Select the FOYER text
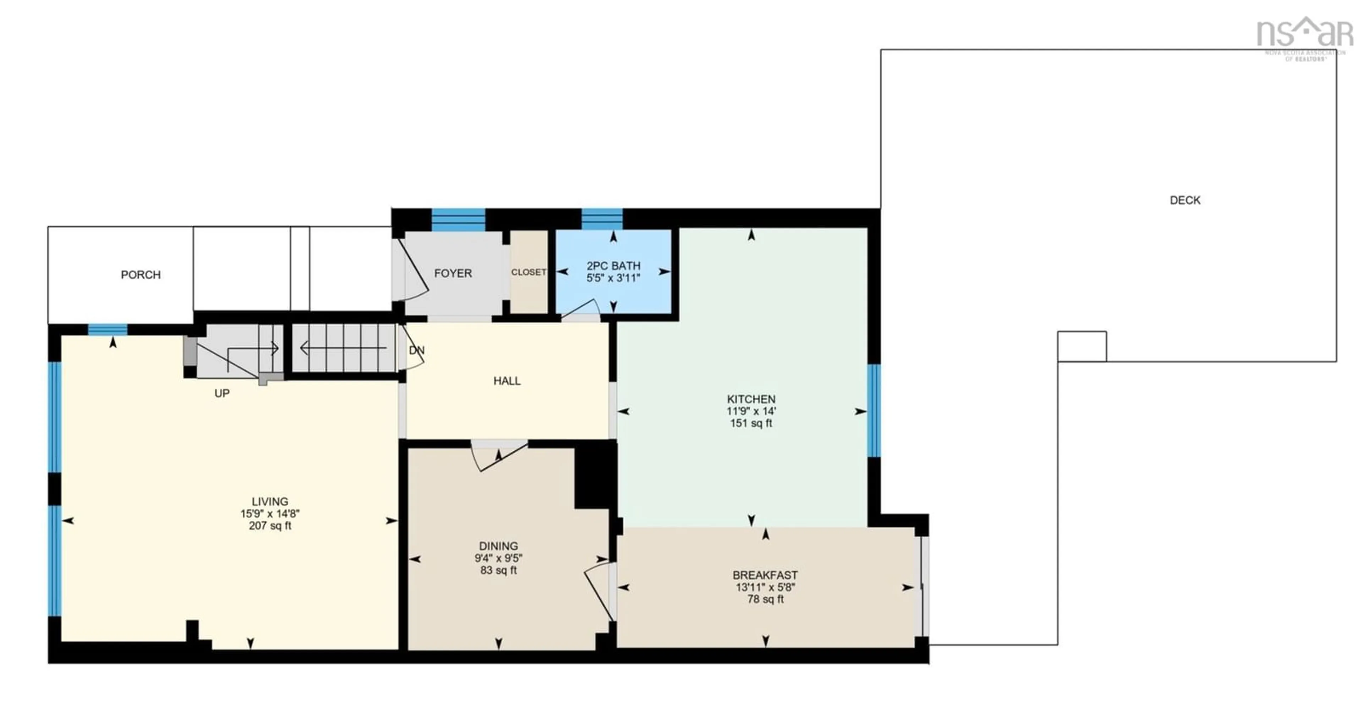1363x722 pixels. tap(453, 273)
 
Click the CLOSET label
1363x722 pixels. tap(529, 272)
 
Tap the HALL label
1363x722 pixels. tap(507, 381)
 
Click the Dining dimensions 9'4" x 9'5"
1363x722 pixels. tap(498, 558)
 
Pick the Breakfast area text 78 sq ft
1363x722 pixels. tap(765, 599)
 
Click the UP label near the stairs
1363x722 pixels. tap(222, 393)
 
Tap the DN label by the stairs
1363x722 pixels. tap(417, 351)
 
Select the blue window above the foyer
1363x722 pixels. tap(458, 220)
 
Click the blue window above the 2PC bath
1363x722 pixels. tap(602, 219)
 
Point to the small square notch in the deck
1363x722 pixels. tap(1082, 347)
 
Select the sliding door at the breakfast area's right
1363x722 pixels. tap(922, 586)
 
